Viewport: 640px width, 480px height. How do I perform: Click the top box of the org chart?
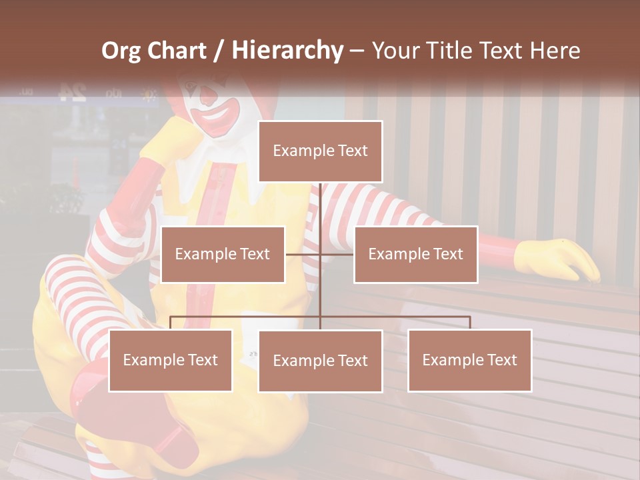click(320, 151)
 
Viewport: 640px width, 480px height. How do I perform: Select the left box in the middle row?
click(223, 254)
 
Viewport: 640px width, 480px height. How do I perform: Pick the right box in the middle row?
click(415, 254)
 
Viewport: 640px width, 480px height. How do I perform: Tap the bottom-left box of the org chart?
click(171, 360)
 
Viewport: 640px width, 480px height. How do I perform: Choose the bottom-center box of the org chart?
click(320, 361)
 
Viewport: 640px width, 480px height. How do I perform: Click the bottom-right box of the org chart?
click(469, 360)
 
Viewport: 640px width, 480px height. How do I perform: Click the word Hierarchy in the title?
click(287, 51)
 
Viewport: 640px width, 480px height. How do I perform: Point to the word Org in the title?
click(121, 51)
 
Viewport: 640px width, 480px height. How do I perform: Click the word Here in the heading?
click(555, 51)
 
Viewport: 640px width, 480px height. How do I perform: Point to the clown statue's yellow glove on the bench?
click(557, 260)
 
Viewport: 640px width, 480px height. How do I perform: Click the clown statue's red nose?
click(209, 98)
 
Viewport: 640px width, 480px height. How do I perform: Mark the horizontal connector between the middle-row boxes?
click(320, 254)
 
